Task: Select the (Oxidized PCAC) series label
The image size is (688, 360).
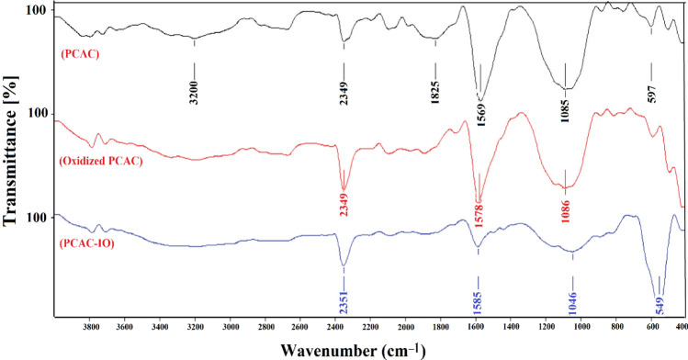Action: point(104,163)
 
